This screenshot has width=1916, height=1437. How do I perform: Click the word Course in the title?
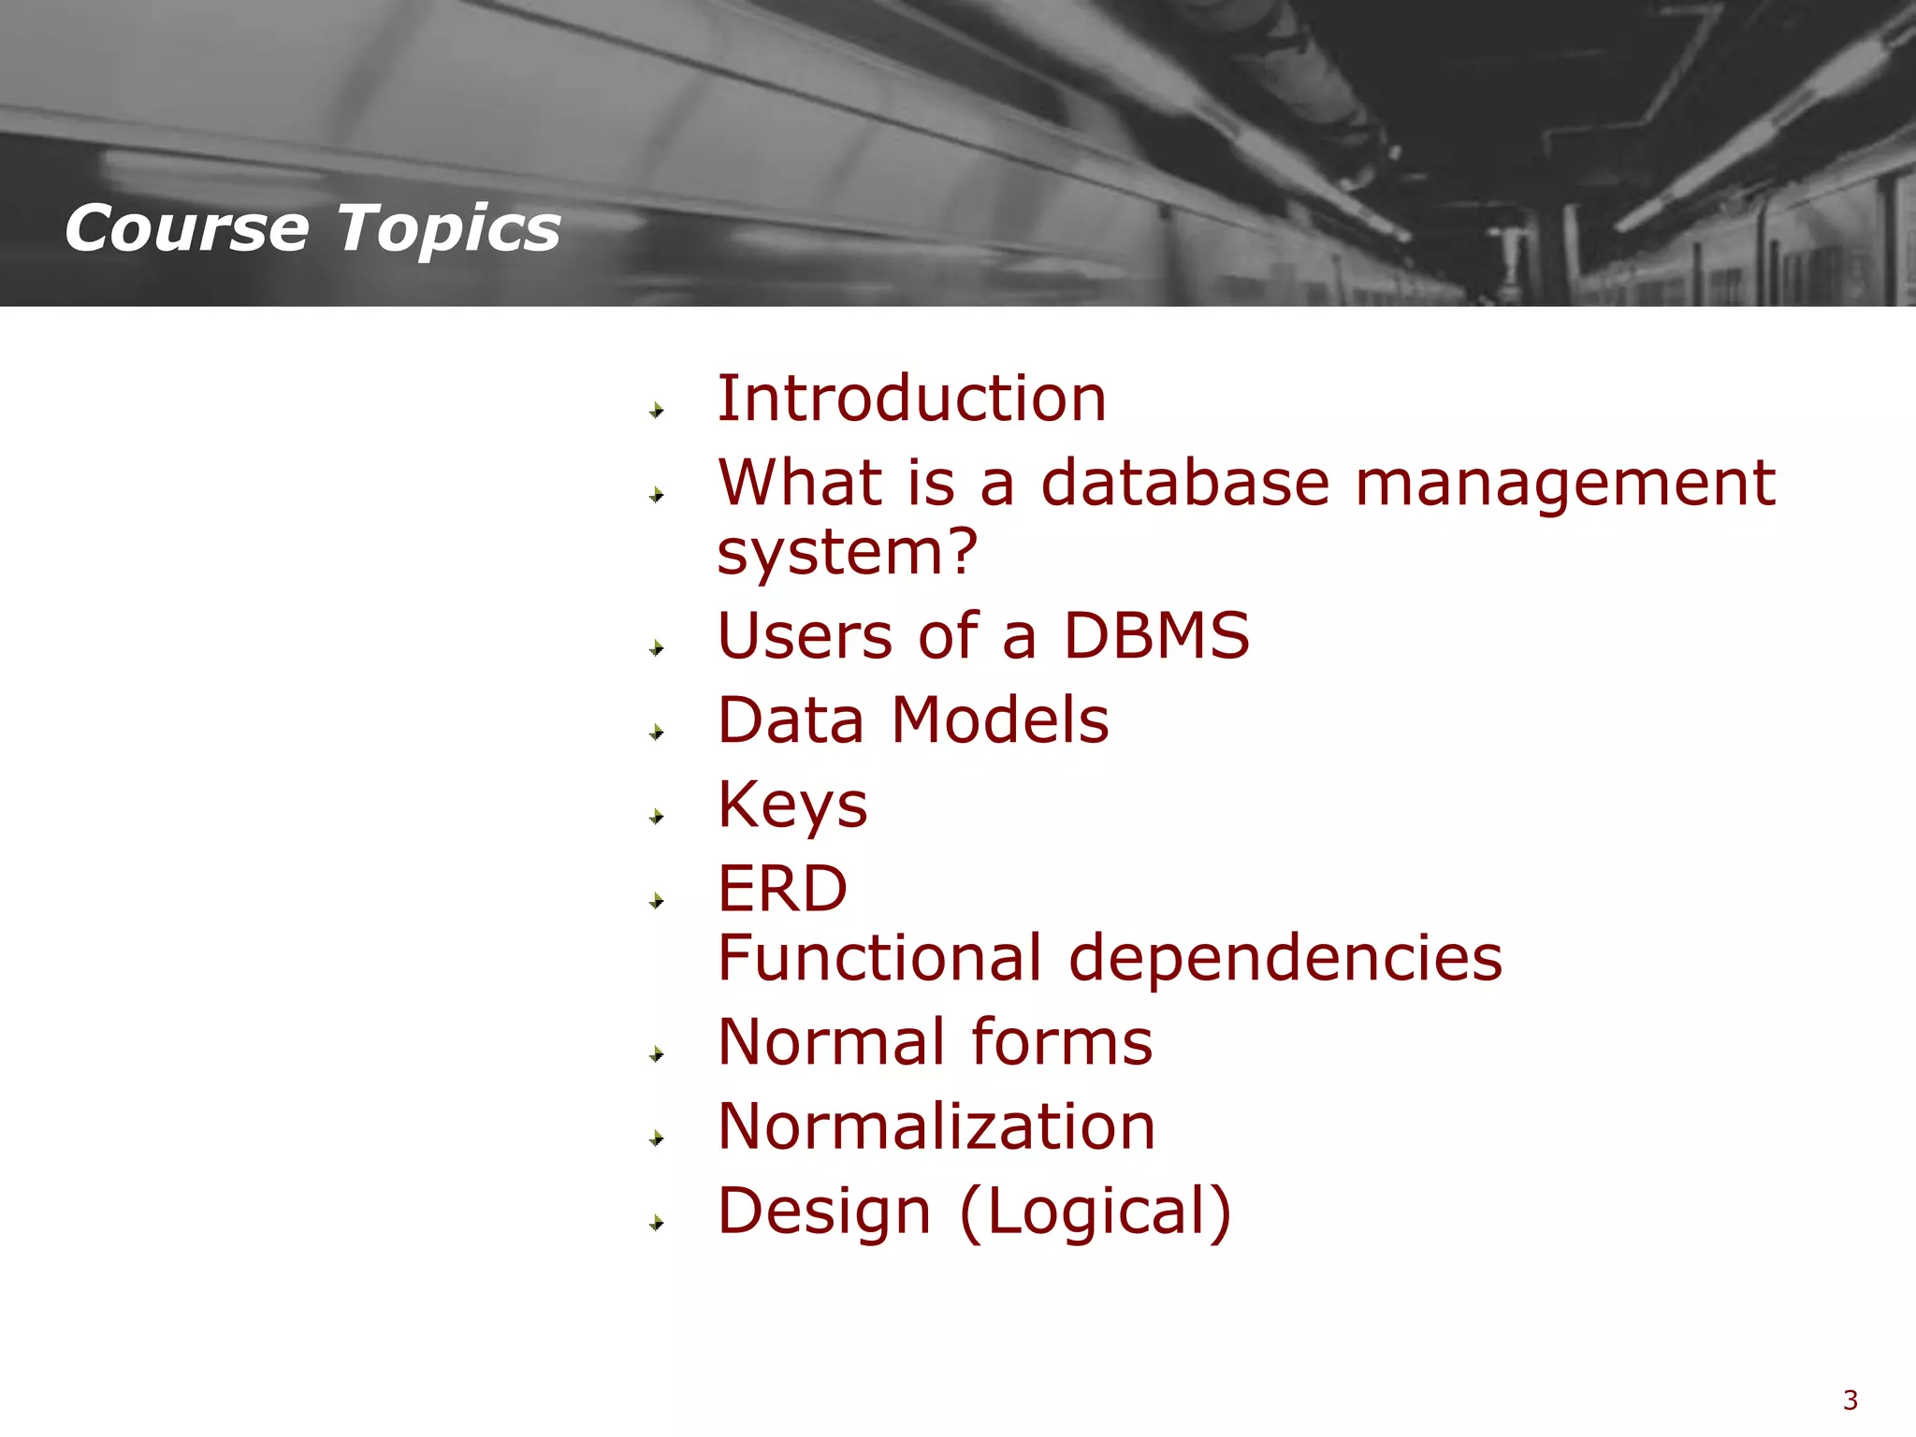[186, 228]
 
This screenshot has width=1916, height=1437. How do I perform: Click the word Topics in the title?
[448, 230]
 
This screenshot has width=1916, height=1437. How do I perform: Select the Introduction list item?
[911, 399]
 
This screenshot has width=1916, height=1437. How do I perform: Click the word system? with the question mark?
[847, 552]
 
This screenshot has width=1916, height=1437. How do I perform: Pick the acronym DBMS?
[1156, 636]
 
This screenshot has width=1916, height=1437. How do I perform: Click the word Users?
[805, 636]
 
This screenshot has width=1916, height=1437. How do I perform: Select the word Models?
[999, 720]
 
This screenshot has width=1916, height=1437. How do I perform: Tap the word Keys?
[792, 806]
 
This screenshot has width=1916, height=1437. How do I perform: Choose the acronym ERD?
[782, 889]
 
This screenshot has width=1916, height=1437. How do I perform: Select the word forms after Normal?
[1061, 1042]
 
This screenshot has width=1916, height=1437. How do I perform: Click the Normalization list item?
[936, 1126]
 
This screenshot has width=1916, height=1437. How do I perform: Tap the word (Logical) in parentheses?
[1096, 1212]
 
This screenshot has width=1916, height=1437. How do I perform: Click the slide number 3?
[1850, 1401]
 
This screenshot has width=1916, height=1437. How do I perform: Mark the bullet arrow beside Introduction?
[657, 410]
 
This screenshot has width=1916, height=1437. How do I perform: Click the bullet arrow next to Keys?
[657, 817]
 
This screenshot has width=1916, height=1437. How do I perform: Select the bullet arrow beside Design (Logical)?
[657, 1223]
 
